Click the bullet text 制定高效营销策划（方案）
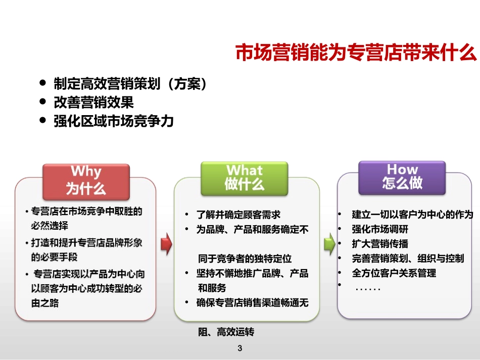(x=130, y=84)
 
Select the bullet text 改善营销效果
(x=93, y=102)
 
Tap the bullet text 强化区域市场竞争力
(x=114, y=121)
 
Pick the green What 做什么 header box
(x=244, y=178)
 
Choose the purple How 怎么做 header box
(x=402, y=177)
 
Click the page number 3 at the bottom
(x=240, y=348)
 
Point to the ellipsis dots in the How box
(x=368, y=289)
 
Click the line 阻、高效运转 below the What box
(x=226, y=332)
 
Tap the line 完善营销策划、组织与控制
(x=407, y=259)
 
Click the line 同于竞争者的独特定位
(x=245, y=259)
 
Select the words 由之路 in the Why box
(x=44, y=303)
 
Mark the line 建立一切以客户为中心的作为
(x=412, y=215)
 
